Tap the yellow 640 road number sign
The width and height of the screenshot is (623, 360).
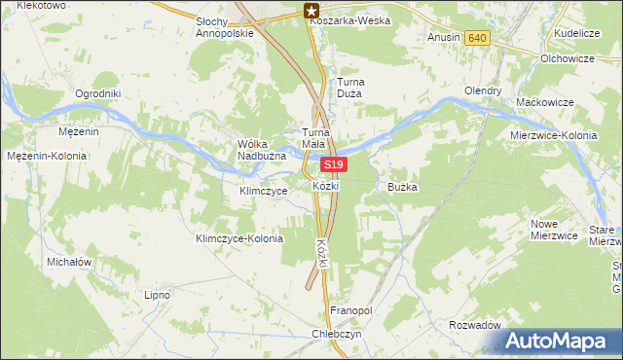click(476, 38)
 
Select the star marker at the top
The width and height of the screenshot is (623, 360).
click(311, 12)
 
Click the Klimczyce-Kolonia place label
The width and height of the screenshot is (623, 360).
click(239, 238)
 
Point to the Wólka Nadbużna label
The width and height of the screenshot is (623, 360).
click(259, 149)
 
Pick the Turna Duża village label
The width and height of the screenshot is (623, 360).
click(349, 89)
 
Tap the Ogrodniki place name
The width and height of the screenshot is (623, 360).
click(97, 94)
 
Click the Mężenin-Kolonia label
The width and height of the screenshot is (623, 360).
click(47, 156)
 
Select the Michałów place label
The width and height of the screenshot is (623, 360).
click(69, 263)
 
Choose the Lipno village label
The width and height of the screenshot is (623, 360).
click(157, 294)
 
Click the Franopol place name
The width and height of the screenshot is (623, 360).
click(351, 309)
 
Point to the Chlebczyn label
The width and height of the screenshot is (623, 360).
click(336, 332)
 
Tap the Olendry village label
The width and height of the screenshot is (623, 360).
click(483, 91)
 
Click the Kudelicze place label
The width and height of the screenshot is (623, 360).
click(576, 33)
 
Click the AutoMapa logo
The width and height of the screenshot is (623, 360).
click(558, 342)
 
